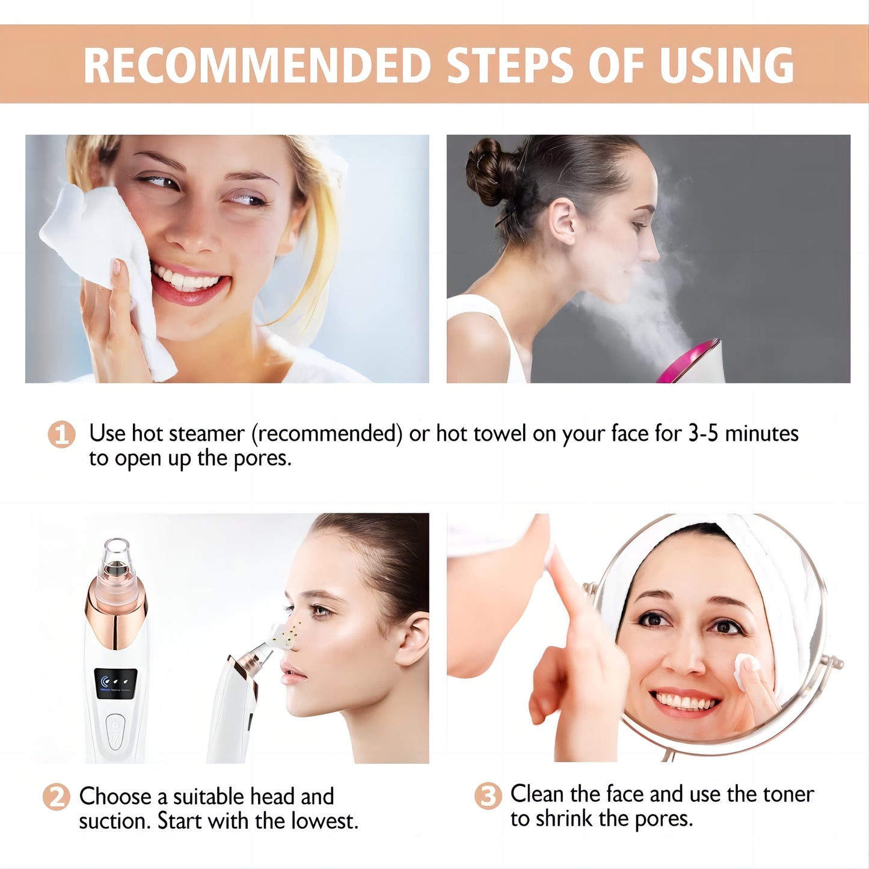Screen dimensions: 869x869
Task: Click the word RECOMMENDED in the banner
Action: click(x=257, y=64)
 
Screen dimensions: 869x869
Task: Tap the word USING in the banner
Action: click(x=726, y=64)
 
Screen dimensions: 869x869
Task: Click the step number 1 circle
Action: click(x=61, y=434)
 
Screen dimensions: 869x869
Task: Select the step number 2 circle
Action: click(x=57, y=797)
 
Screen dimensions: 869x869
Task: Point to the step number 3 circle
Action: click(x=487, y=796)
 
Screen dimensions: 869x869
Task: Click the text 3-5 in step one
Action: click(x=703, y=434)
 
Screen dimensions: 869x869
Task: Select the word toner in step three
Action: click(x=788, y=794)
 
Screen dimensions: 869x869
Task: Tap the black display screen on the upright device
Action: click(x=115, y=684)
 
